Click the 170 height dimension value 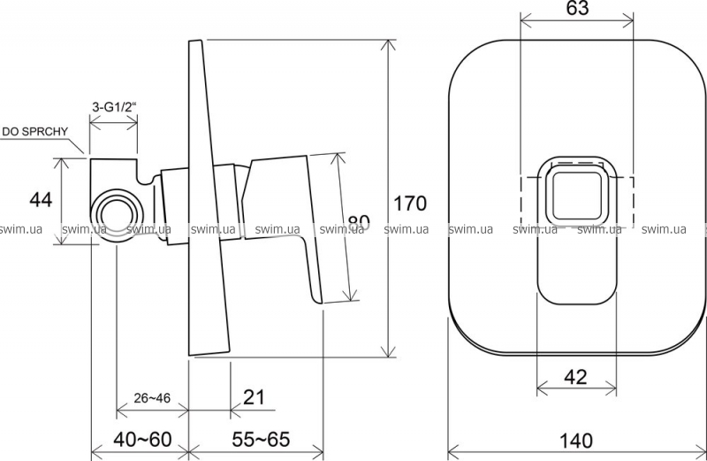[x=410, y=204]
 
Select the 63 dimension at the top [x=577, y=8]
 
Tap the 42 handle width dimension [x=576, y=377]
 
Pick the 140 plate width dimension [x=576, y=441]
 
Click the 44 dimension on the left [x=41, y=200]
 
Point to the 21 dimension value [x=254, y=397]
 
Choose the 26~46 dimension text [x=152, y=398]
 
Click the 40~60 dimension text [x=142, y=439]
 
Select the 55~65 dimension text [x=261, y=439]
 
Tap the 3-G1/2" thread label [x=114, y=107]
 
